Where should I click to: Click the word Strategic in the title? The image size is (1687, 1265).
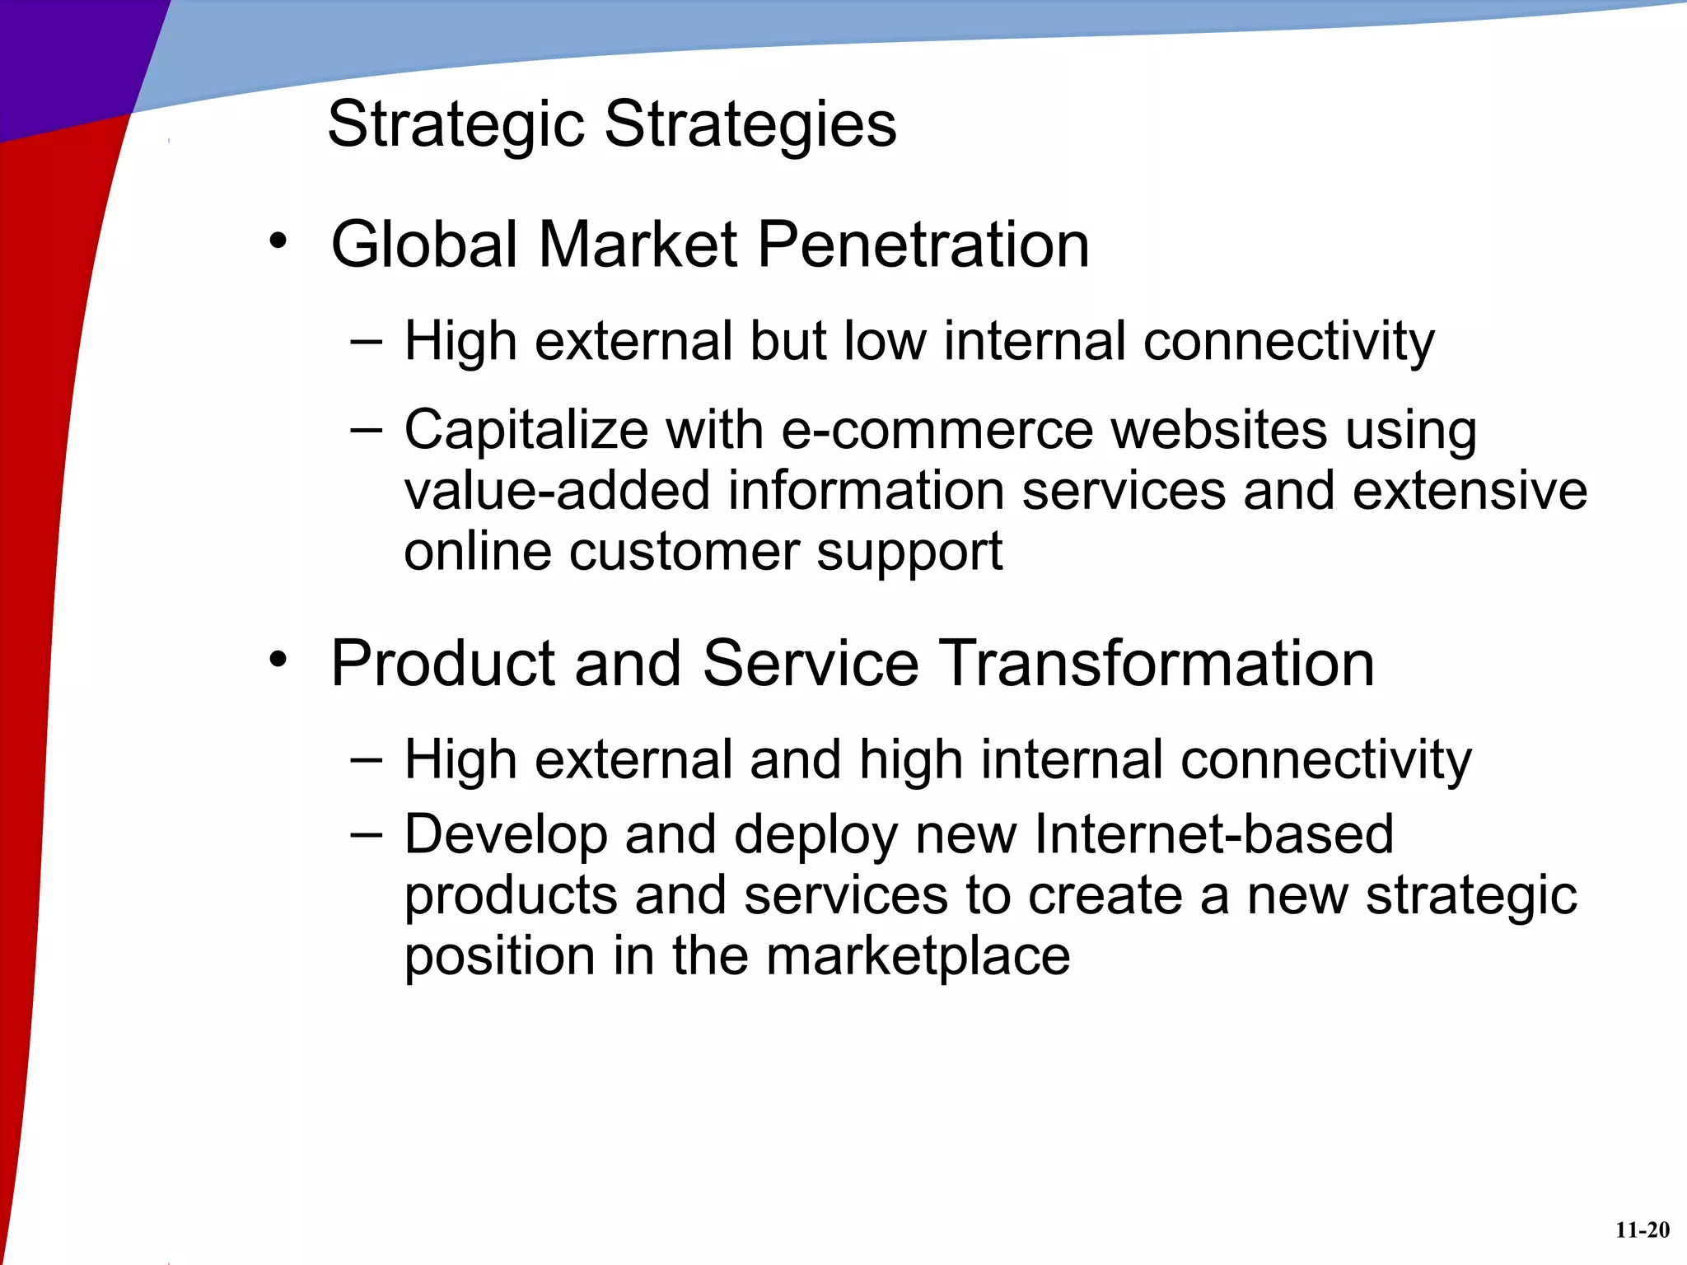click(456, 124)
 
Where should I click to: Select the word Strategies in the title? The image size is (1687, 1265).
click(750, 124)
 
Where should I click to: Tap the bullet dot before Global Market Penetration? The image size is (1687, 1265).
click(278, 241)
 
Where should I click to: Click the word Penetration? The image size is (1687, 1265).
click(923, 245)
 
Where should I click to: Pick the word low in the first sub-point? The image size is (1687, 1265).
click(885, 341)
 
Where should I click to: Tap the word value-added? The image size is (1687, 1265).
click(557, 491)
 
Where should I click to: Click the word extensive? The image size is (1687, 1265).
click(1470, 491)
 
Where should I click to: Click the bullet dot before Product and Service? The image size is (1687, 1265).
click(278, 659)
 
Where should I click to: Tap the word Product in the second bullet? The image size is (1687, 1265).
click(443, 663)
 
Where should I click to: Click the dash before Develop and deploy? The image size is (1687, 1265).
click(366, 834)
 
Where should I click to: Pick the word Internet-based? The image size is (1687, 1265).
click(1213, 834)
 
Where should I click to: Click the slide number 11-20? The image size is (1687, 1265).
click(1642, 1230)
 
